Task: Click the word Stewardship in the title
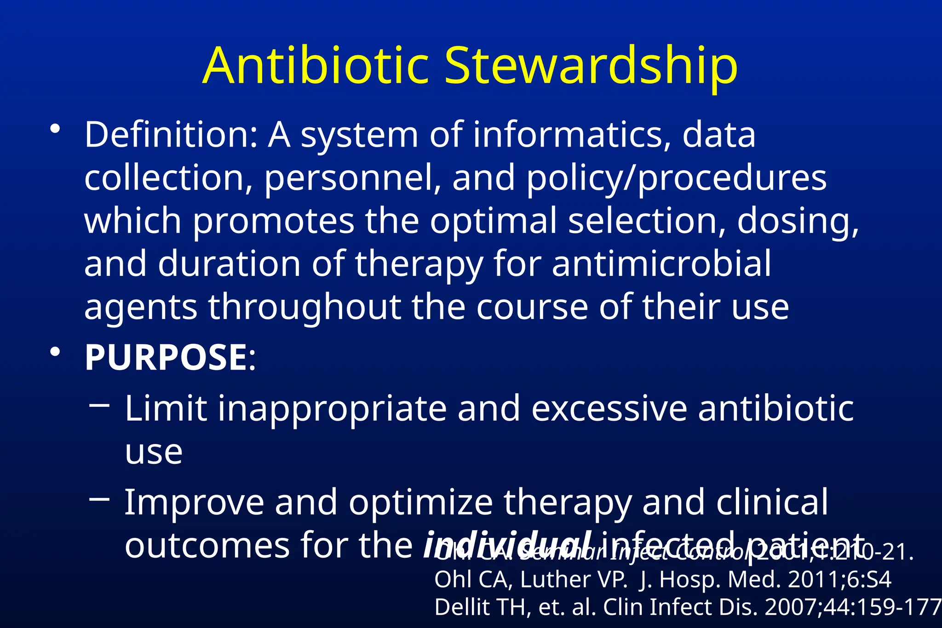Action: (591, 67)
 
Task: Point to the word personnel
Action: (352, 178)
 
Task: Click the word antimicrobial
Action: (661, 263)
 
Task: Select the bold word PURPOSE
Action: (167, 357)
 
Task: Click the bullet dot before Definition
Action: (55, 130)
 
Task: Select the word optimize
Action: (420, 502)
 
